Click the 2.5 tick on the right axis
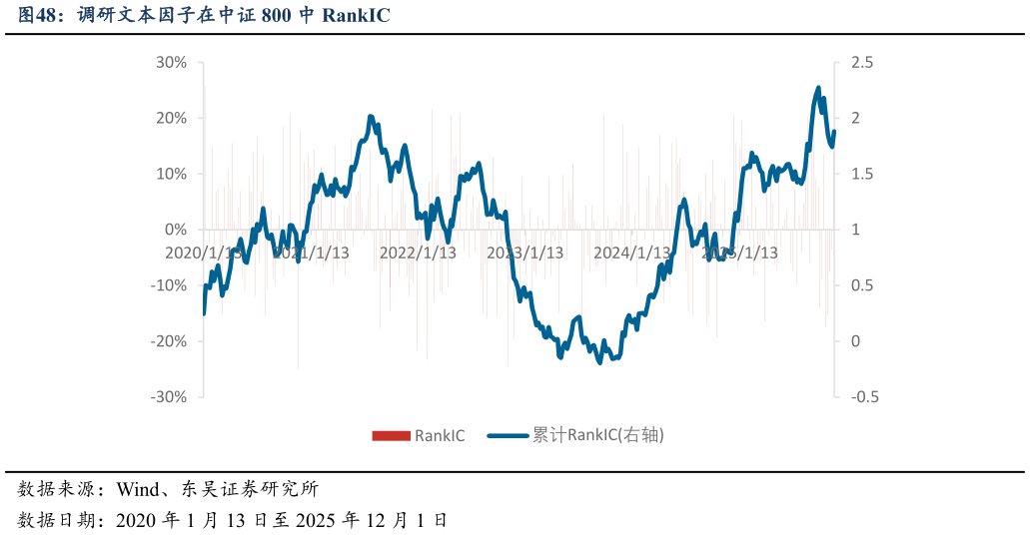click(x=862, y=63)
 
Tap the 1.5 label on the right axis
click(x=862, y=174)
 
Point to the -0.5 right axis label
click(x=865, y=396)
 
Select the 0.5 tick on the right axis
click(x=862, y=285)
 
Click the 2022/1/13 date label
click(x=418, y=253)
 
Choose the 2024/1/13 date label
click(x=632, y=253)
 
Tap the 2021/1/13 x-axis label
click(x=311, y=253)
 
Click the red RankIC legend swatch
click(x=391, y=435)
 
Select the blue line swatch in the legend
click(x=507, y=435)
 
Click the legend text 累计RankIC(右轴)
click(x=597, y=435)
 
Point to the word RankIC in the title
click(x=356, y=15)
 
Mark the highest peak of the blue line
click(x=818, y=88)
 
